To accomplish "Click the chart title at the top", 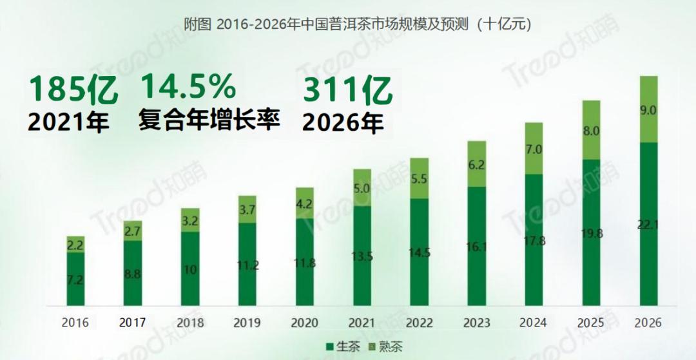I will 348,24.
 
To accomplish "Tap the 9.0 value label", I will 648,110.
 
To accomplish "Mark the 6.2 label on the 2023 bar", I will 478,164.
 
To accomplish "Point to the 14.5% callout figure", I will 188,87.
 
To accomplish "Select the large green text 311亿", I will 348,91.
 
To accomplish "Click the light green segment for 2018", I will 191,220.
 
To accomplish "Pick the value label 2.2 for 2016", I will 75,244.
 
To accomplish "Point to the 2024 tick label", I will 534,322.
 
